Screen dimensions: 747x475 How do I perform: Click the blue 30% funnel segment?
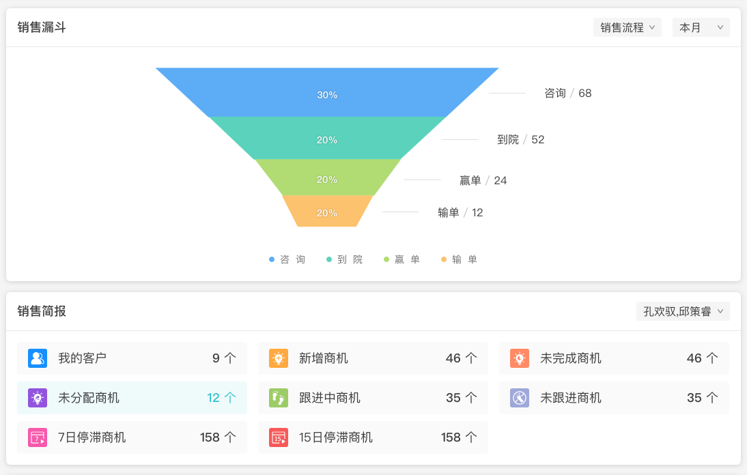(x=327, y=92)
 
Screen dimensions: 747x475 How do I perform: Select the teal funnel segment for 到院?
(x=327, y=138)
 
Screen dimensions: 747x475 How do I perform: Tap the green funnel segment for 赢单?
(x=327, y=177)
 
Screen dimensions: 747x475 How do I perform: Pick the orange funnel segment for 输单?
(x=327, y=212)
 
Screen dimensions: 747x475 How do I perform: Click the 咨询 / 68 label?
(x=568, y=93)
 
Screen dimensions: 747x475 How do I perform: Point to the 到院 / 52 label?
(x=521, y=139)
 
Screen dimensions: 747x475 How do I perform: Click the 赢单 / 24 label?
(x=483, y=180)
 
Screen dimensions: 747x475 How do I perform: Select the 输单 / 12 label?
(x=460, y=212)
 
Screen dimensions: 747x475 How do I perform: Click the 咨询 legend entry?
(x=287, y=259)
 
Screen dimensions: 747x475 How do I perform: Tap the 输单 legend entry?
(x=460, y=259)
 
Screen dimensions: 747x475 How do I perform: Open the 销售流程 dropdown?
(x=627, y=27)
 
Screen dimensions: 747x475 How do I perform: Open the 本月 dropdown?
(x=701, y=27)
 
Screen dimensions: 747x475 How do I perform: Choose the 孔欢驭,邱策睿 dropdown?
(x=683, y=311)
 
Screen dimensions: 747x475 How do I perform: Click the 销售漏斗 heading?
(x=42, y=27)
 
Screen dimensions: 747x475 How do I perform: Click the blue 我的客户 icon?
(x=38, y=358)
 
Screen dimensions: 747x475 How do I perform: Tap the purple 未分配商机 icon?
(x=38, y=398)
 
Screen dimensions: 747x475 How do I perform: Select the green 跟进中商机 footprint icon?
(x=279, y=398)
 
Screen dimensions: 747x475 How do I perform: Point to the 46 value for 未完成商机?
(x=694, y=358)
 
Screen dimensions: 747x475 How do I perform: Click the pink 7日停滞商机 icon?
(x=38, y=437)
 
